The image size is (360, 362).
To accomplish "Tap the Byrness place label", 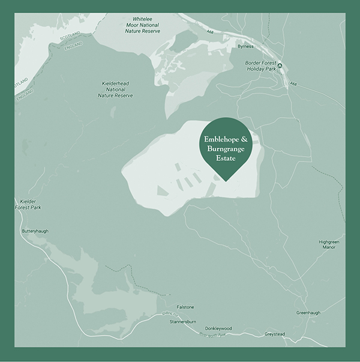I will pyautogui.click(x=245, y=46).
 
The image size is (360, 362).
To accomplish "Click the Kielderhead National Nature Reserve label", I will pyautogui.click(x=115, y=89).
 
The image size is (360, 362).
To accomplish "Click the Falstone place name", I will pyautogui.click(x=185, y=307).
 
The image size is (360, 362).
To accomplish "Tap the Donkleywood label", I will pyautogui.click(x=218, y=328).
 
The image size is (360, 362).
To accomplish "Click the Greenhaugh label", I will pyautogui.click(x=309, y=313).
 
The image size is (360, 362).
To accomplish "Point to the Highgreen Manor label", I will pyautogui.click(x=329, y=244).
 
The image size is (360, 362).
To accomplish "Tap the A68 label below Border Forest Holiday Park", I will pyautogui.click(x=294, y=83).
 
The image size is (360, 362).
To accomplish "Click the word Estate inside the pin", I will pyautogui.click(x=226, y=160).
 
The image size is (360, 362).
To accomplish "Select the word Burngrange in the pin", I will pyautogui.click(x=226, y=149).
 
